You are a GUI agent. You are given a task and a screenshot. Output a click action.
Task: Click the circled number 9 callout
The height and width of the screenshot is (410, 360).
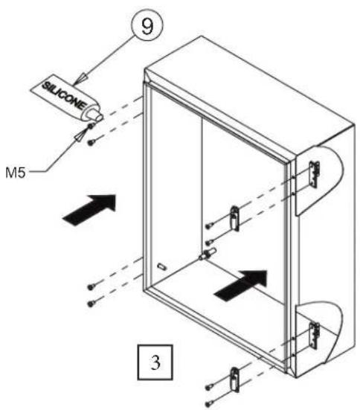(147, 25)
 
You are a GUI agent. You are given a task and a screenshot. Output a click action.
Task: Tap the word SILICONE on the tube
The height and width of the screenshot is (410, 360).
(64, 96)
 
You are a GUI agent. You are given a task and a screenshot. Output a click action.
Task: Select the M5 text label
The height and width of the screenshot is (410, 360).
(16, 173)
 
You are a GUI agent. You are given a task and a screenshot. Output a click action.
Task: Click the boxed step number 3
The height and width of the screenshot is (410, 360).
(155, 362)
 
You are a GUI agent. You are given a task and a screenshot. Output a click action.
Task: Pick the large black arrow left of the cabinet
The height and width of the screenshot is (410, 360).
(89, 209)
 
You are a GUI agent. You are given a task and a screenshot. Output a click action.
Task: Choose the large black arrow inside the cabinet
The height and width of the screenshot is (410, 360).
(241, 285)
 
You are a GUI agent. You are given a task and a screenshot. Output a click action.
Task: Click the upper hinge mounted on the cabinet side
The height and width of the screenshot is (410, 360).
(314, 174)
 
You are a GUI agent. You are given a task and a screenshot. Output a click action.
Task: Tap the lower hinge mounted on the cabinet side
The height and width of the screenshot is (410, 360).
(314, 336)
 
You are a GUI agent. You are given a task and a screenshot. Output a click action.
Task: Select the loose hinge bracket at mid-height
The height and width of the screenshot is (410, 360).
(234, 219)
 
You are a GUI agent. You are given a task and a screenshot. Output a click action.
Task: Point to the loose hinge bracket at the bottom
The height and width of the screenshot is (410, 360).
(235, 379)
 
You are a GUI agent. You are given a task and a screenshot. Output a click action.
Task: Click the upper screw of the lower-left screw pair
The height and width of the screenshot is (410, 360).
(91, 287)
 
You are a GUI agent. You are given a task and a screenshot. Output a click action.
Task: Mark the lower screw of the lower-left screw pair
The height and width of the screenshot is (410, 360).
(91, 304)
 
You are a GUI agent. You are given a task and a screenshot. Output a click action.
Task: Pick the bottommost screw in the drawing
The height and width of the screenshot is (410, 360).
(208, 404)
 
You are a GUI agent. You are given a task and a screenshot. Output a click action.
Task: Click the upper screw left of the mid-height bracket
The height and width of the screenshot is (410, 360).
(208, 226)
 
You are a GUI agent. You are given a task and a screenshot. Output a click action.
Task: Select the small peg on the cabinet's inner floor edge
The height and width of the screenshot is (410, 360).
(162, 266)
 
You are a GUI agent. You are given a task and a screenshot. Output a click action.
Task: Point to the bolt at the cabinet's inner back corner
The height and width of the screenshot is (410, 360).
(208, 254)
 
